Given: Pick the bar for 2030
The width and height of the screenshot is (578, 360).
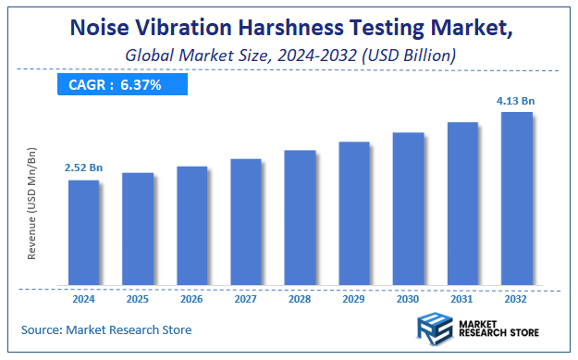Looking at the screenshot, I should click(408, 208).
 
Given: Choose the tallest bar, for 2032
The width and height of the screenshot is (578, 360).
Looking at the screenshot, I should click(516, 198).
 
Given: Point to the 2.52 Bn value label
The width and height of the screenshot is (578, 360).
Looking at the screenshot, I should click(83, 168).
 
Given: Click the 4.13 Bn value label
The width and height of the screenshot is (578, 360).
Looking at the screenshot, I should click(515, 100).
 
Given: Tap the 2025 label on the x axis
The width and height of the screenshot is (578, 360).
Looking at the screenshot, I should click(138, 298).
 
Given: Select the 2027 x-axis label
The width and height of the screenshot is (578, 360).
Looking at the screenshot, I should click(246, 298).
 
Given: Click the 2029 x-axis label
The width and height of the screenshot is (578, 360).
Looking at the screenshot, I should click(354, 298).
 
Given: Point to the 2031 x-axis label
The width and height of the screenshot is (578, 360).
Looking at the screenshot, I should click(462, 298).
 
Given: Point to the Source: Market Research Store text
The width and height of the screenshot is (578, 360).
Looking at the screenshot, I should click(106, 329).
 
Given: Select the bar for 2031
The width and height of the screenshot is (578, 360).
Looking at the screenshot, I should click(462, 203).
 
